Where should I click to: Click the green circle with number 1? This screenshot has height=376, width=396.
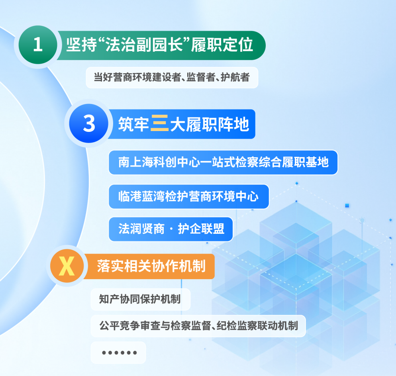click(x=38, y=45)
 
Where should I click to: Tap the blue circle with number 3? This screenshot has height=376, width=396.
click(x=89, y=123)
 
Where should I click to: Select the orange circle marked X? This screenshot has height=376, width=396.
click(x=67, y=266)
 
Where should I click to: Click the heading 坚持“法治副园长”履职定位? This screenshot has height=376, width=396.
click(x=160, y=45)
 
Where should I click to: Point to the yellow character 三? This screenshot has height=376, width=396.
click(x=159, y=123)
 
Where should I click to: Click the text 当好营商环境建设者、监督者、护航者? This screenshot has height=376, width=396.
click(x=172, y=77)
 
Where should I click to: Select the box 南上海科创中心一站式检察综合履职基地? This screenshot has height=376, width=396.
click(x=223, y=163)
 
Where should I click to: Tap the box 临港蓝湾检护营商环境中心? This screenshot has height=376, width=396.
click(x=189, y=197)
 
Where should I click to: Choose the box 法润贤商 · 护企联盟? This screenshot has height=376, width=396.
click(x=171, y=229)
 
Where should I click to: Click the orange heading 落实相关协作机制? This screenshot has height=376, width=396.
click(x=151, y=266)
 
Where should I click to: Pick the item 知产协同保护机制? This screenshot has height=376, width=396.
click(x=140, y=299)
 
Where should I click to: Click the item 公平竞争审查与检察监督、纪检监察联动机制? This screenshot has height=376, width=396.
click(x=198, y=326)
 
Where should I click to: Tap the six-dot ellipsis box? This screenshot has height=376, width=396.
click(x=118, y=352)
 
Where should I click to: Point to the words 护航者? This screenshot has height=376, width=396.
click(x=235, y=77)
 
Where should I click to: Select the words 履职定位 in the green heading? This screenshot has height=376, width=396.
click(x=222, y=45)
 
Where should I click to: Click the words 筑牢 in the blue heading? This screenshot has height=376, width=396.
click(x=133, y=124)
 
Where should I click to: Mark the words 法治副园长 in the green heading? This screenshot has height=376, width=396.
click(x=144, y=45)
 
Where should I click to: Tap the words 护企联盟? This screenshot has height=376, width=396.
click(x=201, y=229)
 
